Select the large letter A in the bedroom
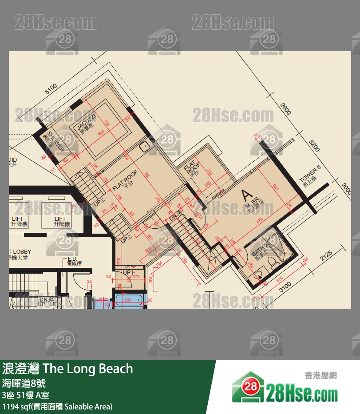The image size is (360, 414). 245,195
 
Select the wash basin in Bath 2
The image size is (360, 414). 258,277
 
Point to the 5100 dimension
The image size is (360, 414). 51,89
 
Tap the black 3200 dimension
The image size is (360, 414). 314,145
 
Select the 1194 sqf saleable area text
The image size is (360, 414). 57,406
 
